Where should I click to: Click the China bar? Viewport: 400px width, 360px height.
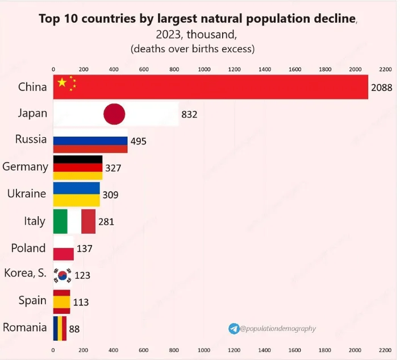pyautogui.click(x=210, y=87)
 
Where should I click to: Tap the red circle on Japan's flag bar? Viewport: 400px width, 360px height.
pyautogui.click(x=114, y=114)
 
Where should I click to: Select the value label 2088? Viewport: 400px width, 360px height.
pyautogui.click(x=381, y=88)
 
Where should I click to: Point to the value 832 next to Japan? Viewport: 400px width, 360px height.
pyautogui.click(x=189, y=114)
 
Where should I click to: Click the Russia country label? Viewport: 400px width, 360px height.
pyautogui.click(x=31, y=139)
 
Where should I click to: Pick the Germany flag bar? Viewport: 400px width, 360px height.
pyautogui.click(x=78, y=167)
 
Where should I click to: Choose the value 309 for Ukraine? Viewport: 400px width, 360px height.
pyautogui.click(x=111, y=195)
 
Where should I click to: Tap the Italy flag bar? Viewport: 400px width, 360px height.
pyautogui.click(x=74, y=221)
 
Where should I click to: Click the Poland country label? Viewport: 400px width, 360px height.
pyautogui.click(x=28, y=248)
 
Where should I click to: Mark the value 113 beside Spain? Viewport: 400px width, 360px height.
pyautogui.click(x=81, y=302)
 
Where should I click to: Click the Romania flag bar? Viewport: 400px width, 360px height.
pyautogui.click(x=60, y=328)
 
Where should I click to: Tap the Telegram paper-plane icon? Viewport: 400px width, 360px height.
pyautogui.click(x=234, y=329)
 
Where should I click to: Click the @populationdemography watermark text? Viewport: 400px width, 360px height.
pyautogui.click(x=278, y=329)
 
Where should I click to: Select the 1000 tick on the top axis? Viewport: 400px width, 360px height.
pyautogui.click(x=204, y=69)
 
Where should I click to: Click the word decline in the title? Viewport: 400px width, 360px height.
pyautogui.click(x=327, y=19)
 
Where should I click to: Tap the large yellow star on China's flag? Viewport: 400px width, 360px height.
pyautogui.click(x=62, y=82)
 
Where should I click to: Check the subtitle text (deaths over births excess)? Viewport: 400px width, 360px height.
pyautogui.click(x=193, y=48)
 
